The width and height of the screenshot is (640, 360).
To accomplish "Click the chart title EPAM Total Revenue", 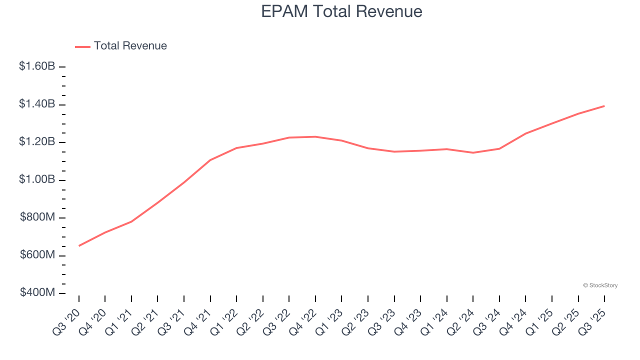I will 341,11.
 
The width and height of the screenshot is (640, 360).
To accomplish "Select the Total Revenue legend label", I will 130,46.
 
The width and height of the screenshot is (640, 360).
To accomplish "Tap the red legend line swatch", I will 82,46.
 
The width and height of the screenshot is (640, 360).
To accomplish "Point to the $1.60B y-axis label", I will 37,66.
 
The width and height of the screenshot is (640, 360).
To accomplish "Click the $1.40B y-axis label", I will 37,104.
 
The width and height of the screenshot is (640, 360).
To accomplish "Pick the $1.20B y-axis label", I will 37,142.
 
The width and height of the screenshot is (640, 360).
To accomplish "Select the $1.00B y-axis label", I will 37,179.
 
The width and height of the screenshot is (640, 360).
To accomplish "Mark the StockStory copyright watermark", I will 600,285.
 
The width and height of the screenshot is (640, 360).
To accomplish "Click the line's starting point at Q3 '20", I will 79,245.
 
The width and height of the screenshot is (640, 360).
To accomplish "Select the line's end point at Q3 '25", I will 604,106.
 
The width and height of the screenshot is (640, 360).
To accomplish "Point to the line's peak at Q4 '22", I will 315,136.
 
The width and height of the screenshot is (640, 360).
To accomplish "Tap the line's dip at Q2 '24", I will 473,152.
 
